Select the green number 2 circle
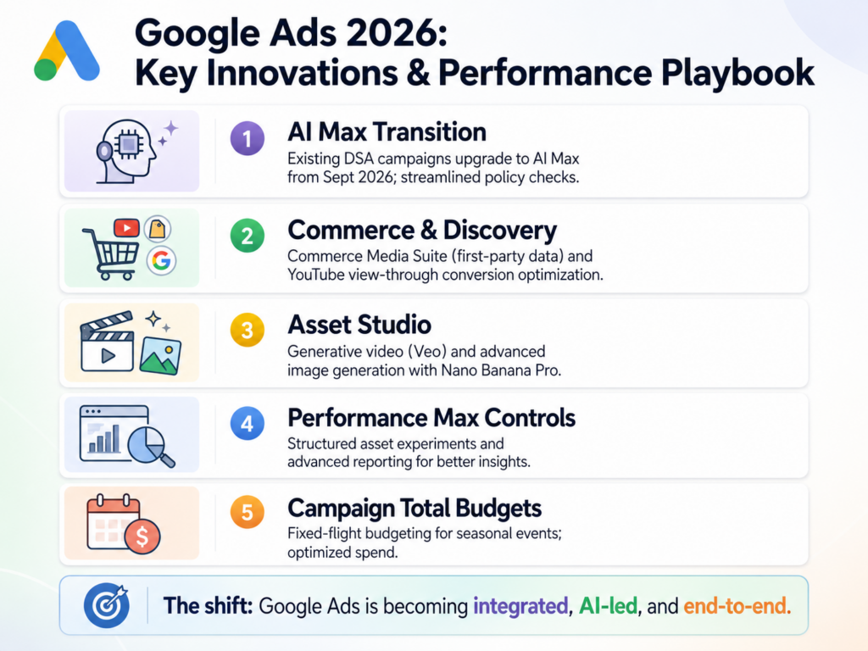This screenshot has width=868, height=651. tap(247, 236)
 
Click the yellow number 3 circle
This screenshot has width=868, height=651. tap(247, 331)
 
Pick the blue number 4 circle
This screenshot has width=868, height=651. tap(247, 424)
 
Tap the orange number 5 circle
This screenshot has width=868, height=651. tap(247, 515)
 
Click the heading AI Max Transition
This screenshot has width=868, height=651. tap(387, 133)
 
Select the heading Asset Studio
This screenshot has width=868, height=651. tap(359, 325)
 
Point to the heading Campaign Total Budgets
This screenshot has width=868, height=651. tap(415, 509)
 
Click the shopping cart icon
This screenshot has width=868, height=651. tap(108, 252)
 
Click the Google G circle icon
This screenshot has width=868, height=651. tap(159, 261)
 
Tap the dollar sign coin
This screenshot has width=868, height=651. tap(142, 537)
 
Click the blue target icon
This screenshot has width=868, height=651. tap(105, 605)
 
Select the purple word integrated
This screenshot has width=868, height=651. tap(518, 606)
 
